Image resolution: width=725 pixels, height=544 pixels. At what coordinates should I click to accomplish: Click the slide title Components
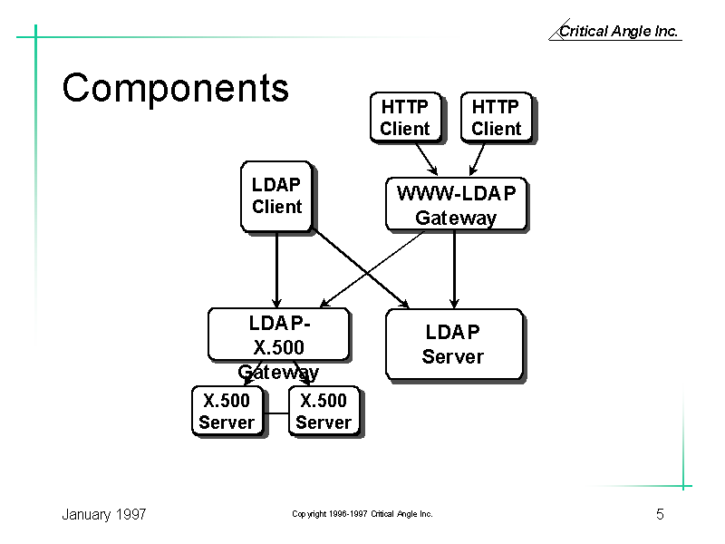point(176,88)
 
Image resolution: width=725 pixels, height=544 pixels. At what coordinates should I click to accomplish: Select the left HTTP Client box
point(406,118)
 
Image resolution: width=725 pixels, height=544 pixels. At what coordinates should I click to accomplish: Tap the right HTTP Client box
point(498,118)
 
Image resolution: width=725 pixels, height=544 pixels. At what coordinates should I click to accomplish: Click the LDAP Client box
point(277,196)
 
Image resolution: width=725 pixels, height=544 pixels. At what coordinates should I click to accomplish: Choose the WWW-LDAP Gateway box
point(457,204)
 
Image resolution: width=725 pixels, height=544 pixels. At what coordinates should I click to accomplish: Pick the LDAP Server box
point(455,345)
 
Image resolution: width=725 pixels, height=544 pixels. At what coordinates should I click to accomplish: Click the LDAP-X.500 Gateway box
point(279,335)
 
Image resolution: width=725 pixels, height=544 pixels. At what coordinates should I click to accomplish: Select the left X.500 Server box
point(228,412)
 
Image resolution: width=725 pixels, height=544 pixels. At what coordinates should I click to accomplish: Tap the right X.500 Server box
point(325,412)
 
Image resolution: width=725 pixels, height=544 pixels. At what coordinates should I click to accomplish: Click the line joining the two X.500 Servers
point(277,413)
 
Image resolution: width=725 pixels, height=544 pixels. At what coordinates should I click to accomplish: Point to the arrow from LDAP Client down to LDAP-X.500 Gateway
point(276,270)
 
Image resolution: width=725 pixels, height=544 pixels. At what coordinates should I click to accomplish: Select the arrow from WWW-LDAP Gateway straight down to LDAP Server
point(454,269)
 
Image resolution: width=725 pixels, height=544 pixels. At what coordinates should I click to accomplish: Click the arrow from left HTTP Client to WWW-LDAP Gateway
point(426,160)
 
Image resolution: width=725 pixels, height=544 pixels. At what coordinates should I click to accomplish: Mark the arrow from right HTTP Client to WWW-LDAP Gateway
point(478,160)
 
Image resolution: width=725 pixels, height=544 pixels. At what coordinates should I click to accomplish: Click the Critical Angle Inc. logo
point(615,31)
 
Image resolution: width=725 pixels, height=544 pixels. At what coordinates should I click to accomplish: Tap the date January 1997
point(104,514)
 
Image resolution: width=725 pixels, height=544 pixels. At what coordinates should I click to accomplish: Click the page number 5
point(660,514)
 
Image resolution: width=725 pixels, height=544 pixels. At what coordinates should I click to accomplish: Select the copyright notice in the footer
point(362,513)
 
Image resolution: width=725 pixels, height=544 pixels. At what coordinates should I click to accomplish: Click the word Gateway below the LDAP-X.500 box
point(278,373)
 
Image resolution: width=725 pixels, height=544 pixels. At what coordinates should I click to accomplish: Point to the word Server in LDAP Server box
point(452,356)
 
